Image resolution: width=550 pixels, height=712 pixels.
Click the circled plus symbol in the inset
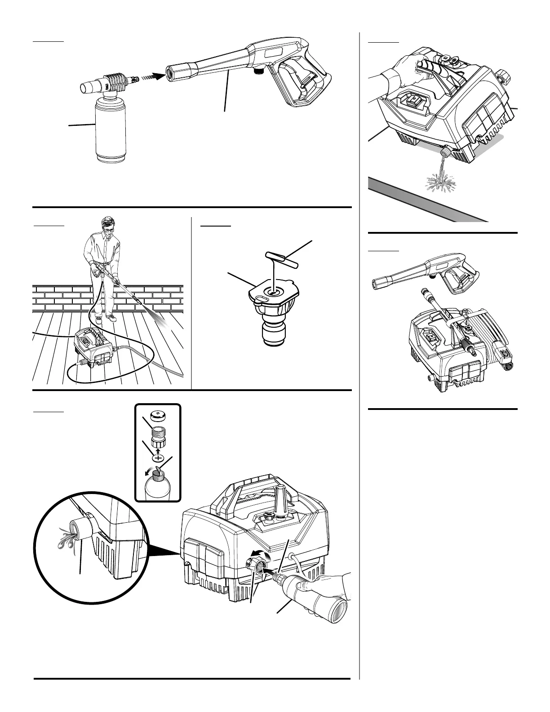[158, 458]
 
